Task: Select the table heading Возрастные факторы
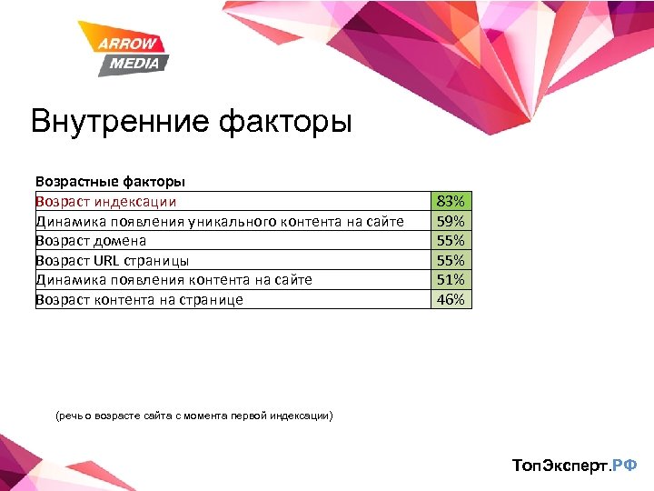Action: coord(111,182)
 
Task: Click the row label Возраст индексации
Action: coord(106,201)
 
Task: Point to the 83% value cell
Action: coord(451,201)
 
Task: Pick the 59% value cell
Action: coord(451,221)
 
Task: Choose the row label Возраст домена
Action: coord(91,240)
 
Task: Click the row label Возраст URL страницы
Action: coord(112,260)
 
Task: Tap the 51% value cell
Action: coord(451,279)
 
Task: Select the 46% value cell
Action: coord(451,299)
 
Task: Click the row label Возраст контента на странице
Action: coord(139,299)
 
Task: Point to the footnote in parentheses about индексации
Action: coord(194,416)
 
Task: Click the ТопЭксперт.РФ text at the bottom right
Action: coord(575,466)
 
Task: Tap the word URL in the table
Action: coord(106,260)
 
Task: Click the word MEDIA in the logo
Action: coord(134,64)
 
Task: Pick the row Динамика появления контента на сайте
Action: coord(173,279)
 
